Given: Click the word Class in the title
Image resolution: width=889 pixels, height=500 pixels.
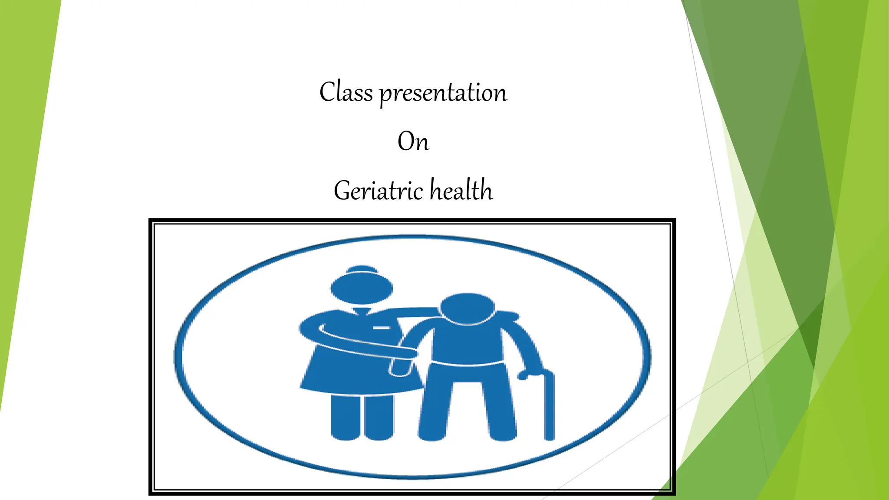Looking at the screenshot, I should click(346, 92).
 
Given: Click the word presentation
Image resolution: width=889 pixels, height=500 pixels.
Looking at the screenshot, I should click(443, 93).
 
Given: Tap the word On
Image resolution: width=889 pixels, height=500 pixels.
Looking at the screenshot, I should click(413, 141).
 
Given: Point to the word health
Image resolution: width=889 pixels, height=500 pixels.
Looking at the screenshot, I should click(461, 190).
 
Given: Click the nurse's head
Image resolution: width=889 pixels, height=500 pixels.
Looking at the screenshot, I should click(362, 289).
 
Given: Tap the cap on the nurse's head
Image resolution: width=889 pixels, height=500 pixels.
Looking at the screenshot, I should click(362, 270).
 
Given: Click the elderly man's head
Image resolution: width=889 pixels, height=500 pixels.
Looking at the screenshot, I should click(467, 309).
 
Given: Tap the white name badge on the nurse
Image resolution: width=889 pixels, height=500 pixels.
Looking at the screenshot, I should click(381, 328).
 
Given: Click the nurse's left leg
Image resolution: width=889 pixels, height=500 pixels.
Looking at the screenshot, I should click(346, 417).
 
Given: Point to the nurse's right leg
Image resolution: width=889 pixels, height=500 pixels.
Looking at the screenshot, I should click(379, 417).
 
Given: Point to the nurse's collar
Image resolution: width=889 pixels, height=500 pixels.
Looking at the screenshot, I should click(362, 311).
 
